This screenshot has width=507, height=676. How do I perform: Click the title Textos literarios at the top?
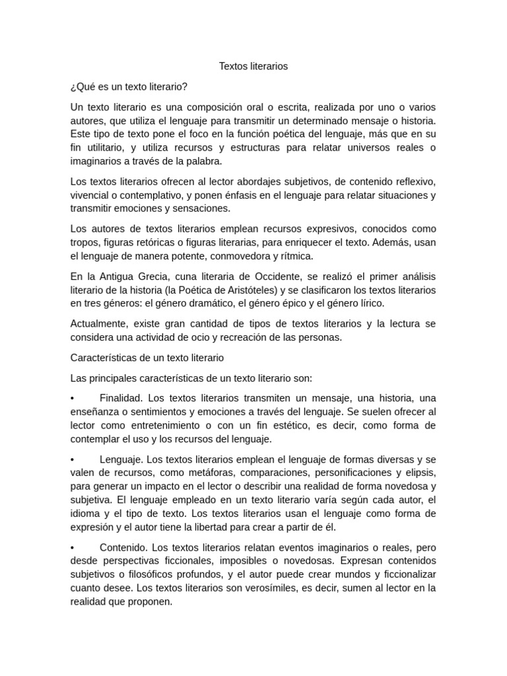tap(253, 67)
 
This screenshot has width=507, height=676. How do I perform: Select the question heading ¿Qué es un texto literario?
tap(129, 87)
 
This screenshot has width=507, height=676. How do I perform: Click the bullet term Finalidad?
tap(121, 398)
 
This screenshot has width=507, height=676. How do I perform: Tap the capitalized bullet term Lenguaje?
tap(121, 459)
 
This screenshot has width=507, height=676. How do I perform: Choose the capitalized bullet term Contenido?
tap(124, 547)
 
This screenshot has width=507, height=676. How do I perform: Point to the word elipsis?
tap(419, 473)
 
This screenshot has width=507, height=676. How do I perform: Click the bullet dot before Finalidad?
tap(73, 399)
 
